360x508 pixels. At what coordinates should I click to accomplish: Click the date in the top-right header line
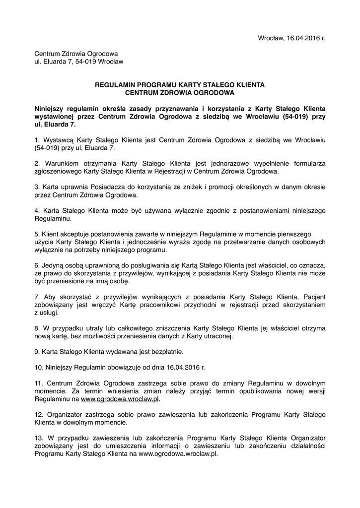303,38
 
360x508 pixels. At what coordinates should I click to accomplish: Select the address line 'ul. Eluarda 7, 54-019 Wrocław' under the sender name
78,62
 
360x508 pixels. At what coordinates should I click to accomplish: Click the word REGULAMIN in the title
115,85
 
